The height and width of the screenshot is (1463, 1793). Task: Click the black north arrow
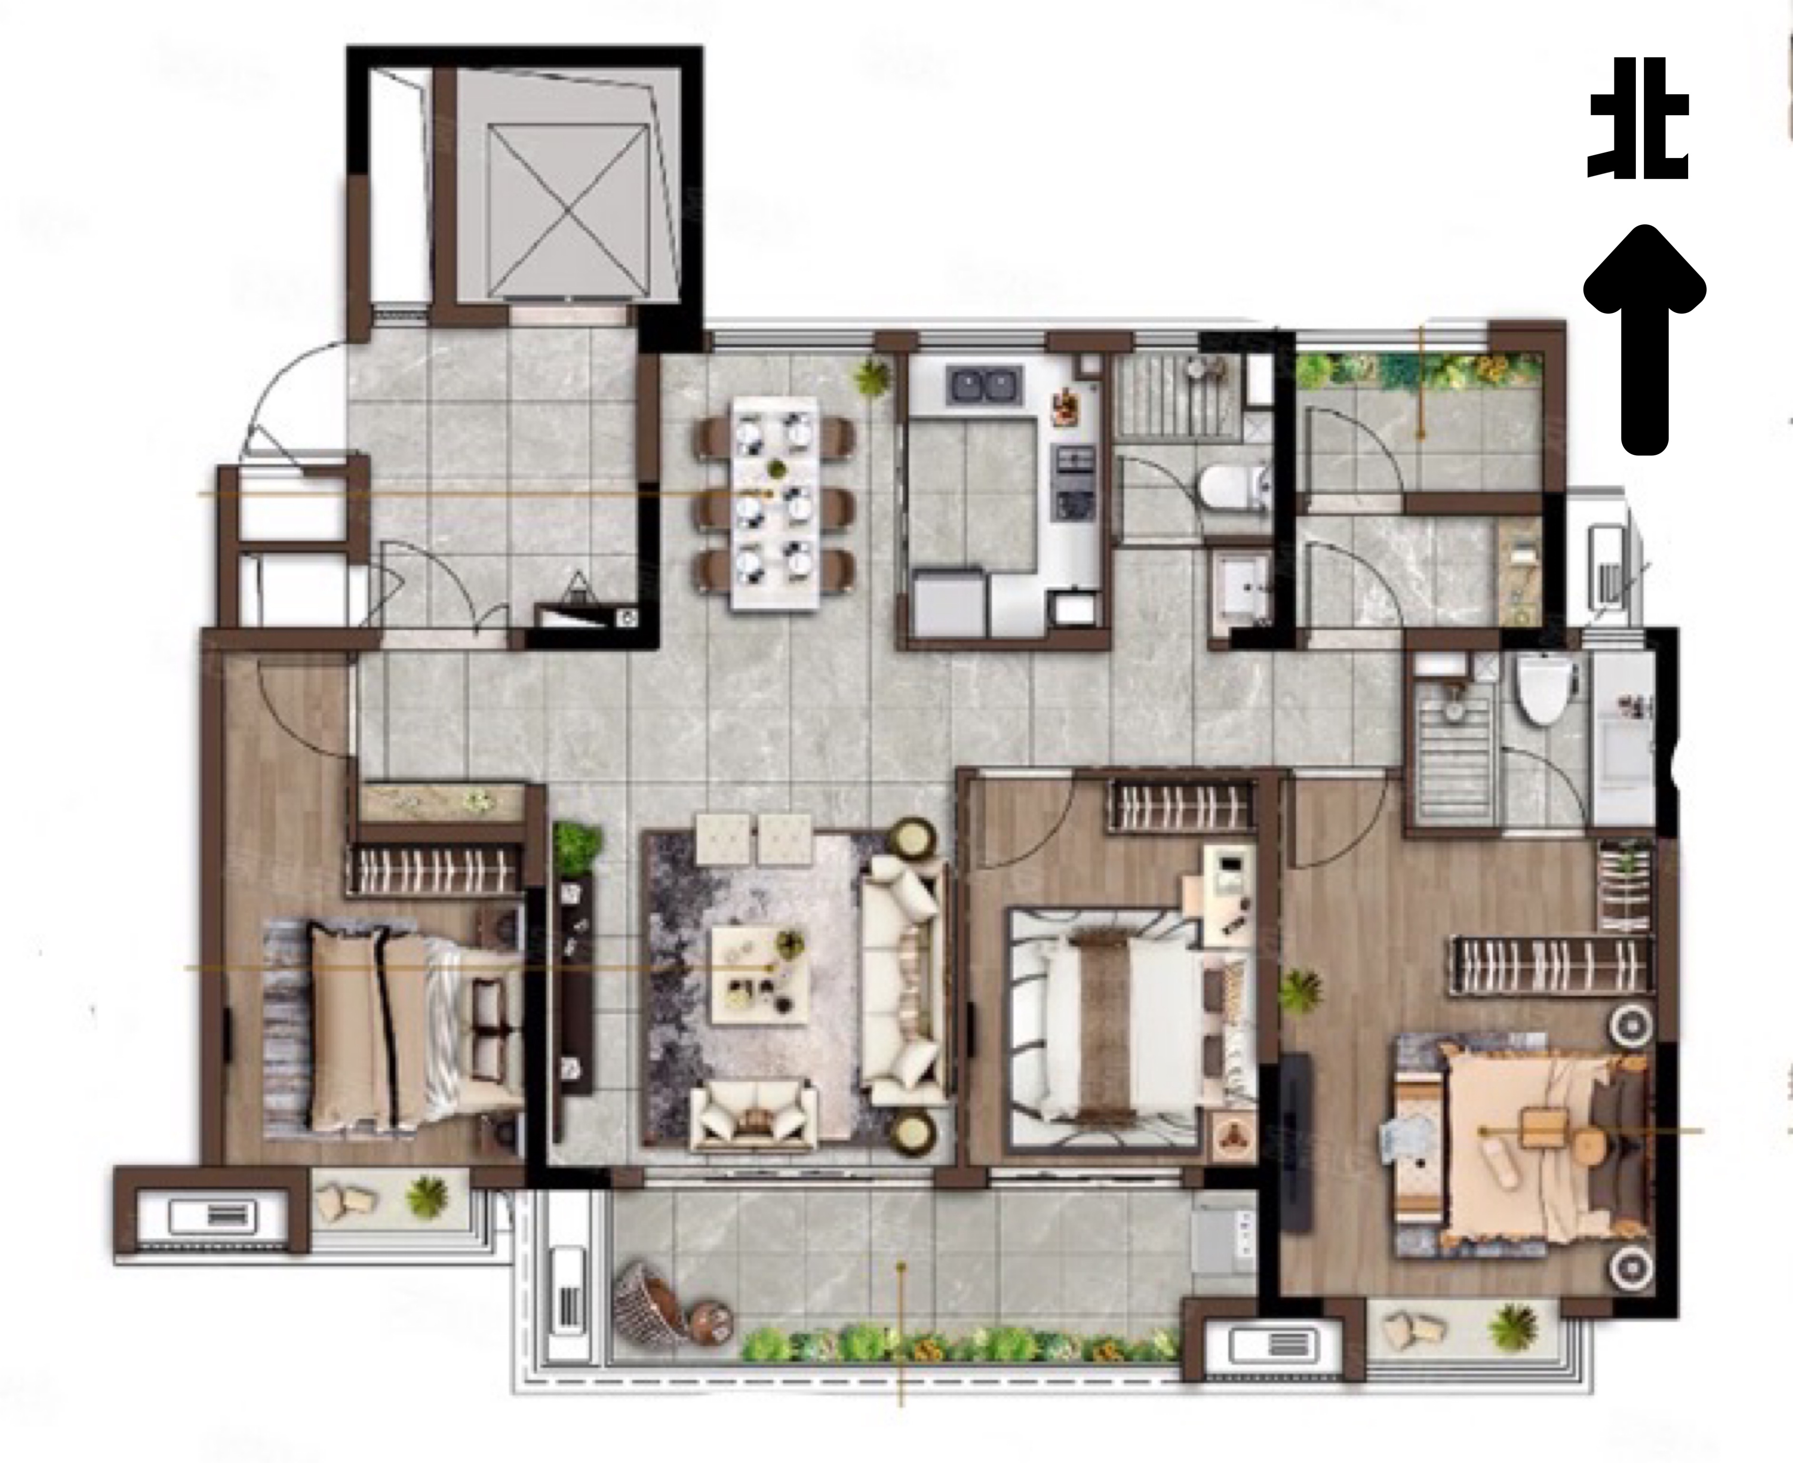coord(1644,339)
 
